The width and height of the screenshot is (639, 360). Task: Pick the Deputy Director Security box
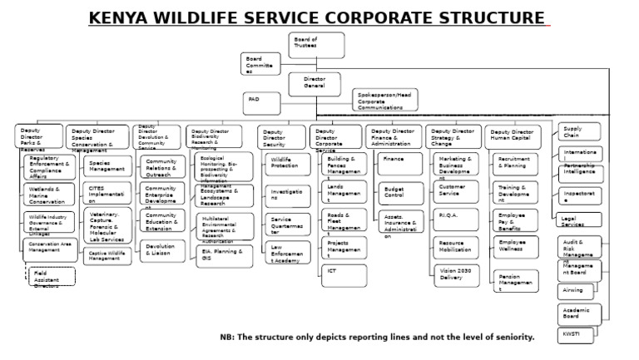point(281,138)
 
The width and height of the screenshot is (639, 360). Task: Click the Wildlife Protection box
point(284,164)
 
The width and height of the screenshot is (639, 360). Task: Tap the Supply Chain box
point(579,131)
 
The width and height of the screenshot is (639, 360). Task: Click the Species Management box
point(106,165)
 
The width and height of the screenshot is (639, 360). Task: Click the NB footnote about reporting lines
point(376,338)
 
